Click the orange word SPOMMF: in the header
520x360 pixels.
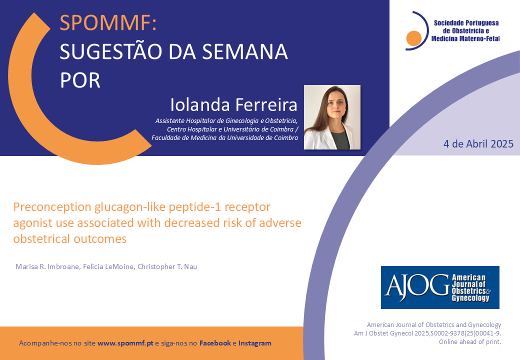tap(108, 22)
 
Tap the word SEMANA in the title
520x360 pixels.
tap(244, 51)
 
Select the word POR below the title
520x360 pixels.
tap(80, 80)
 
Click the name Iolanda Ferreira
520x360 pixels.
tap(234, 105)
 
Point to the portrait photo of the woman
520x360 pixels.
tap(332, 117)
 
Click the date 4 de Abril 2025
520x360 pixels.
tap(478, 144)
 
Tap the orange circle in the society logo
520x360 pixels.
tap(413, 38)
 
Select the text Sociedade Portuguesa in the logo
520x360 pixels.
tap(466, 23)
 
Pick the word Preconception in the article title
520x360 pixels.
tap(52, 207)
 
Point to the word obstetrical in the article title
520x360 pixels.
tap(42, 238)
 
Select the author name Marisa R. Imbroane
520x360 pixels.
tap(48, 266)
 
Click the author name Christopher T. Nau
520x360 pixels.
tap(167, 266)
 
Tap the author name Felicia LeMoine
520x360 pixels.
tap(109, 266)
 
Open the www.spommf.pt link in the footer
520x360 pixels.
tap(125, 343)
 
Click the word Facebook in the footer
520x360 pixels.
tap(215, 343)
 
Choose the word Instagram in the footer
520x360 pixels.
tap(254, 343)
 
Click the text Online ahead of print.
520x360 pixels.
tap(470, 342)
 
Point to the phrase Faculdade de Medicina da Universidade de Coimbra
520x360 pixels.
tap(225, 137)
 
